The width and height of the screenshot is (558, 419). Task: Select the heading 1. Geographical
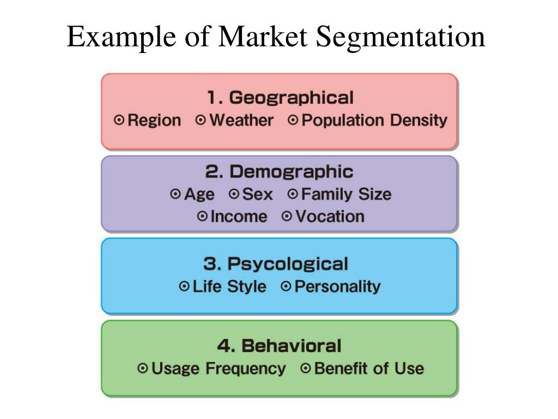coord(280,98)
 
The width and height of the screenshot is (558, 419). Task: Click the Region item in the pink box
coord(154,121)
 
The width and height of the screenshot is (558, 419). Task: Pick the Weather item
coord(241,121)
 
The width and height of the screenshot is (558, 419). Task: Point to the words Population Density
coord(374,121)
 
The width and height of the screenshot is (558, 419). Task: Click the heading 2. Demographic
coord(279,172)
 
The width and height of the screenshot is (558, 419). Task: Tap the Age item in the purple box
coord(199,194)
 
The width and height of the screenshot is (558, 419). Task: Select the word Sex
coord(257,194)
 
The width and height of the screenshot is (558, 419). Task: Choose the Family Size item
coord(346,194)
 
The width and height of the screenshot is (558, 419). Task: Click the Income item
coord(239,217)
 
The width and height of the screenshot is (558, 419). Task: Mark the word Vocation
coord(330,217)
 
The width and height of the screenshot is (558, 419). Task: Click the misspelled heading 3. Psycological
coord(275,265)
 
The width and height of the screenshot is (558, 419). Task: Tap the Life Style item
coord(229,286)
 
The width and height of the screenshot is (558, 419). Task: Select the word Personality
coord(337,286)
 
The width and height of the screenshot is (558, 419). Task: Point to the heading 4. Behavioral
coord(279,346)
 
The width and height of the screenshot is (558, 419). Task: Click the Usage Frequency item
coord(218,369)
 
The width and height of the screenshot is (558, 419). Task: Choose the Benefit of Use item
coord(369,369)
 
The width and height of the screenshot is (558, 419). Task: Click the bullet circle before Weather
coord(201,120)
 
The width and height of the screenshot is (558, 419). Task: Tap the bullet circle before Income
coord(202,217)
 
